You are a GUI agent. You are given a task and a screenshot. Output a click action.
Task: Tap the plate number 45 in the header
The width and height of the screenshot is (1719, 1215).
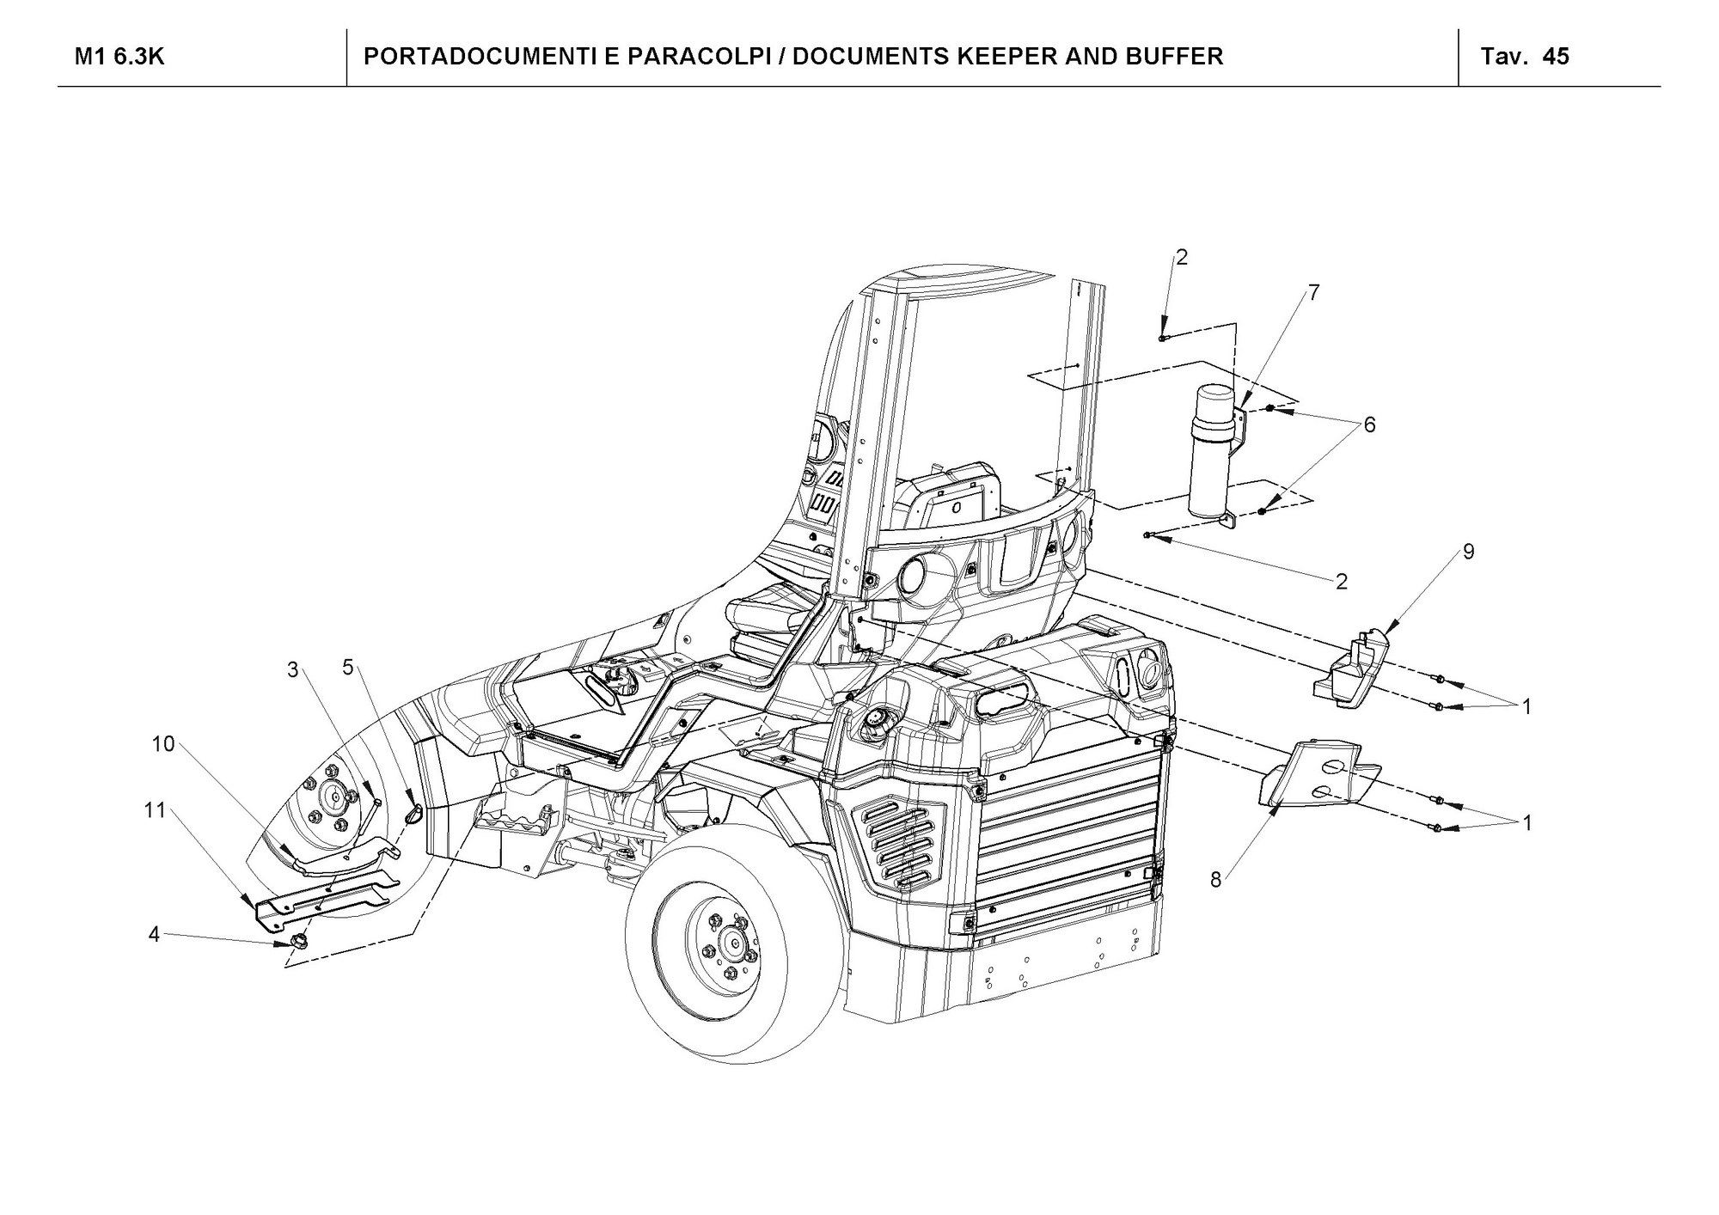pos(1556,57)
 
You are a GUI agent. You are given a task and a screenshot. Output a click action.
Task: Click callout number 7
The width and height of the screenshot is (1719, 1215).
pos(1312,293)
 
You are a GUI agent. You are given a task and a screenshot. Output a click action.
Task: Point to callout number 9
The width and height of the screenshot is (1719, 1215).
pos(1468,552)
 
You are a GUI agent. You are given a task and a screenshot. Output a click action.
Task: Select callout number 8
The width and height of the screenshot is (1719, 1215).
pos(1216,880)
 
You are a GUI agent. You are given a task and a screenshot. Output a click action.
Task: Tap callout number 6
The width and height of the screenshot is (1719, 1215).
pos(1369,424)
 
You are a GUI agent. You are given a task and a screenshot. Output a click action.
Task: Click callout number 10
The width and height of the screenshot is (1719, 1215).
pos(163,744)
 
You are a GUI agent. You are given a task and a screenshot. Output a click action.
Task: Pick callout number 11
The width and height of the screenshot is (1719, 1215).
pos(155,810)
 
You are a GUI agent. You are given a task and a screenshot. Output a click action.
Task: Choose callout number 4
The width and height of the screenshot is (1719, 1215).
pos(154,934)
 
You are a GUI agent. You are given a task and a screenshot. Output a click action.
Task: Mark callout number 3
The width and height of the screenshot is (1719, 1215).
pos(292,670)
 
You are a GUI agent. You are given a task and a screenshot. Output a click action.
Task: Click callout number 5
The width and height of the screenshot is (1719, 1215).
pos(348,667)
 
